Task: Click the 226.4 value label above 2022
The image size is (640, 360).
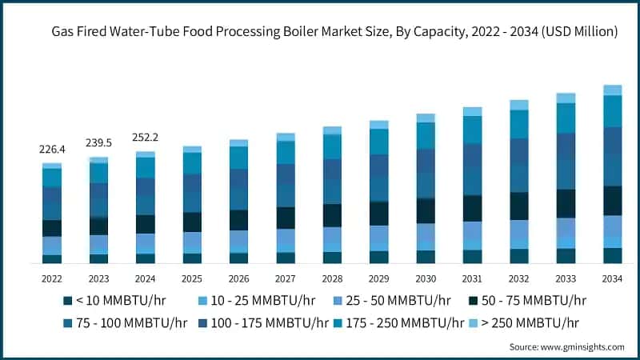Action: (52, 150)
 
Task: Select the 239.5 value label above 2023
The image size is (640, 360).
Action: (99, 143)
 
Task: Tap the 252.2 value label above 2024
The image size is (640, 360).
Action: (146, 138)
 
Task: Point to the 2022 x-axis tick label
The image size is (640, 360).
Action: (52, 279)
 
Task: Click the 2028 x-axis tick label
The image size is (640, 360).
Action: (332, 279)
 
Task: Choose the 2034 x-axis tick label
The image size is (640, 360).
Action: (612, 279)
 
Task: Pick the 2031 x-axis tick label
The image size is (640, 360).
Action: (472, 279)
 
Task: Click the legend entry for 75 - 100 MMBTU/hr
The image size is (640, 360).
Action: (125, 323)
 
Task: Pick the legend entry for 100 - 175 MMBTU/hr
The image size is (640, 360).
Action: (264, 323)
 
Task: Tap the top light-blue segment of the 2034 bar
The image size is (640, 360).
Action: (612, 90)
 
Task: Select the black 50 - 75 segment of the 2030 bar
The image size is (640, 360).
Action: (426, 210)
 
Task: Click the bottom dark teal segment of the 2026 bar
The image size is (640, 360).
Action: (239, 258)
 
